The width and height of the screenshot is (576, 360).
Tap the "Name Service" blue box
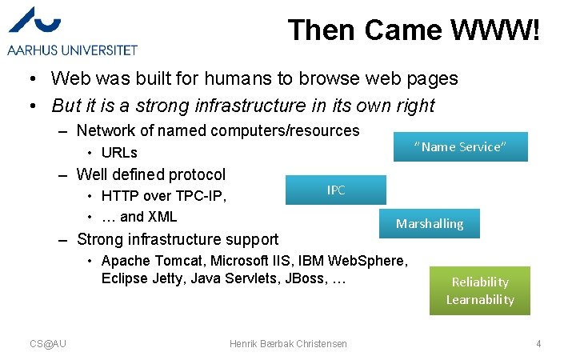pyautogui.click(x=460, y=146)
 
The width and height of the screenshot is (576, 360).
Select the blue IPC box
pyautogui.click(x=335, y=190)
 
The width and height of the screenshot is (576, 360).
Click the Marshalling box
pyautogui.click(x=430, y=223)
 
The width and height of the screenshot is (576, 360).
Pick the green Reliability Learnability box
pyautogui.click(x=479, y=290)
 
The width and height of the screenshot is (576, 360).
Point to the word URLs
pyautogui.click(x=119, y=153)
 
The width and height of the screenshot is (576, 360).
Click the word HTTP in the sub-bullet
pyautogui.click(x=120, y=196)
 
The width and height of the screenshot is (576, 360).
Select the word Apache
pyautogui.click(x=126, y=261)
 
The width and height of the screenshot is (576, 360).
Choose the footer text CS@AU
pyautogui.click(x=48, y=343)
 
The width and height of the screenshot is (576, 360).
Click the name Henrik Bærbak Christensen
pyautogui.click(x=288, y=343)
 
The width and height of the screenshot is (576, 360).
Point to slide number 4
pyautogui.click(x=538, y=343)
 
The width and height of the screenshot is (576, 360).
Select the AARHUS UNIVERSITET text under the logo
pyautogui.click(x=73, y=50)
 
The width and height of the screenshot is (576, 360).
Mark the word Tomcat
pyautogui.click(x=178, y=261)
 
